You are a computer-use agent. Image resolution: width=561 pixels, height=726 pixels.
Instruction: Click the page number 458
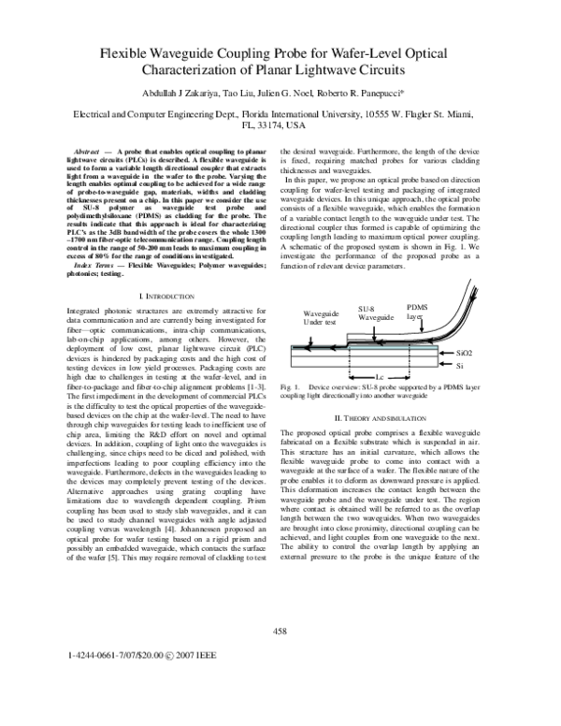pyautogui.click(x=280, y=633)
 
